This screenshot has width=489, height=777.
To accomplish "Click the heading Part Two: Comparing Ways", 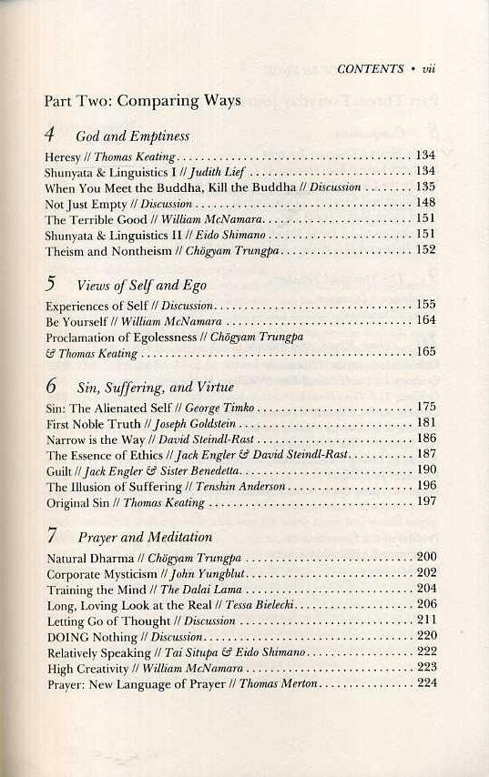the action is tap(142, 101).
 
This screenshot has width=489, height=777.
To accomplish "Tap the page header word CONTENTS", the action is tap(370, 68).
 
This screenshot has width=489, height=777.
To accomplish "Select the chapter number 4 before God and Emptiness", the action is tap(52, 135).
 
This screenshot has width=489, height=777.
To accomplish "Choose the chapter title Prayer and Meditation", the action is tap(144, 537).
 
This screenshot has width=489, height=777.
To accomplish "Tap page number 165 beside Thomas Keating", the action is tap(425, 352).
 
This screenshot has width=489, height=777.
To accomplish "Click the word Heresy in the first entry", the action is tap(62, 156).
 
